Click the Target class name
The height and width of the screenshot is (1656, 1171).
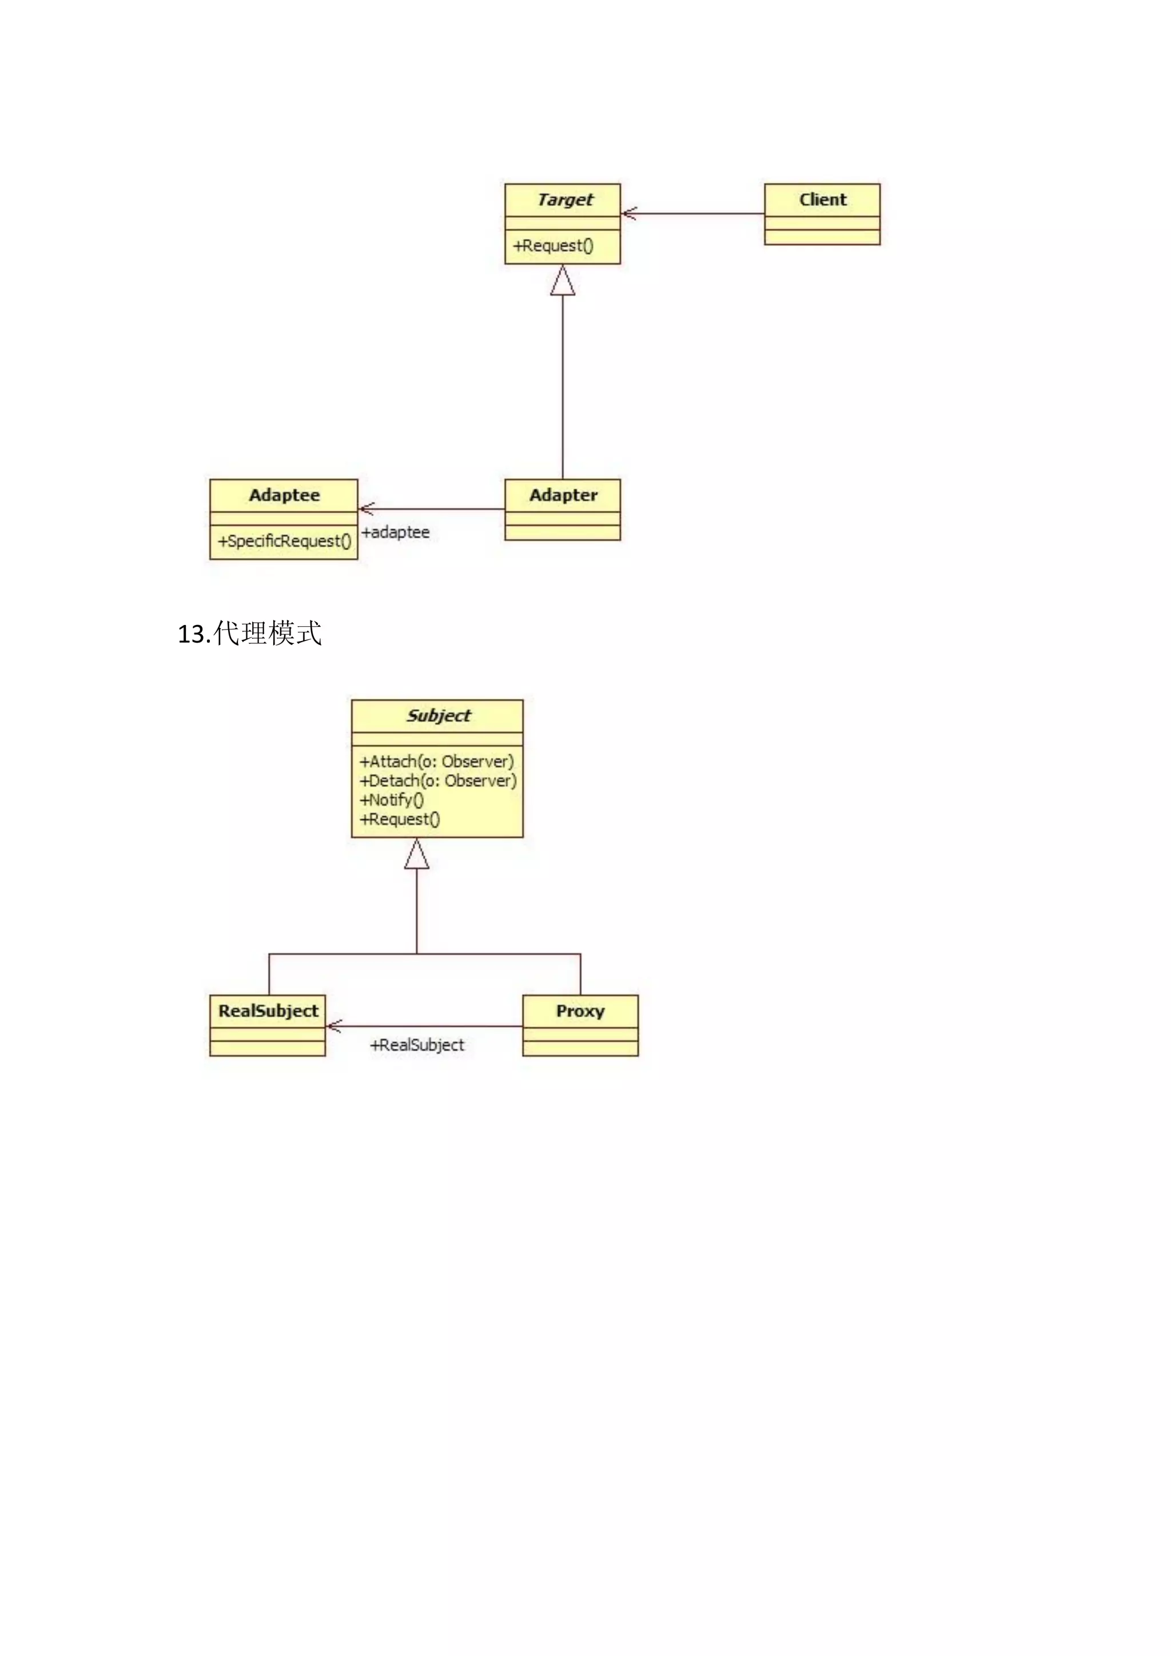coord(564,200)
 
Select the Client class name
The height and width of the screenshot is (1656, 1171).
coord(823,200)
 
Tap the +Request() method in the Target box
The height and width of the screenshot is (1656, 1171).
coord(553,246)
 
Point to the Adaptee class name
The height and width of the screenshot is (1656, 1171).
coord(284,496)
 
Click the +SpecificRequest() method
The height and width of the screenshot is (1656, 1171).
coord(284,541)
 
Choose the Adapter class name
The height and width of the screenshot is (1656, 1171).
coord(563,496)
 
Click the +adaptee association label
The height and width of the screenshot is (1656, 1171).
coord(395,532)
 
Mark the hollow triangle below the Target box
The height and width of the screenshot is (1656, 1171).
coord(563,281)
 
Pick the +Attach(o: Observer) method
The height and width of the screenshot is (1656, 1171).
coord(437,762)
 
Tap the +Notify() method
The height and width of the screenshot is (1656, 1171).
coord(392,800)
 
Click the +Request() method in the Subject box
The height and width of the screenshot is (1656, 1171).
coord(400,819)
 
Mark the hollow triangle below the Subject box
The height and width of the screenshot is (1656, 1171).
coord(417,855)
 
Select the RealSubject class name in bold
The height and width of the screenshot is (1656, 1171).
coord(268,1011)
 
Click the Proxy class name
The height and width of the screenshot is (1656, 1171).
coord(580,1011)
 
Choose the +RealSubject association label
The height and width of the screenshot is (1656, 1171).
coord(417,1045)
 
